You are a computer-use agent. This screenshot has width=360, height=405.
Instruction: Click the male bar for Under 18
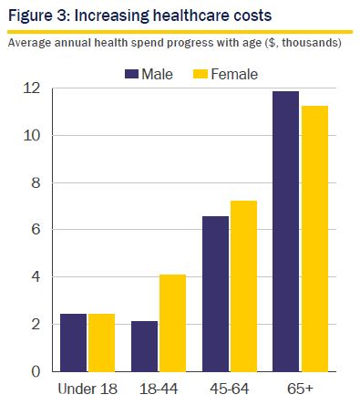[73, 343]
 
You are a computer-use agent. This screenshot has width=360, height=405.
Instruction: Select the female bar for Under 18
[101, 343]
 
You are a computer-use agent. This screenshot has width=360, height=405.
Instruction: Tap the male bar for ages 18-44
[144, 347]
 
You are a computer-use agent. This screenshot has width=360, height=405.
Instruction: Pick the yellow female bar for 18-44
[172, 323]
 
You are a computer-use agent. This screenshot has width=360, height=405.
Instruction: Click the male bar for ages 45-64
[215, 294]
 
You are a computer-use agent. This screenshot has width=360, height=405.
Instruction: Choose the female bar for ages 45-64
[243, 286]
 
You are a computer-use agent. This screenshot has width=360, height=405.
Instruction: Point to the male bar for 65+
[285, 232]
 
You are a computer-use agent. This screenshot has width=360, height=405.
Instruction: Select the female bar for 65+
[314, 239]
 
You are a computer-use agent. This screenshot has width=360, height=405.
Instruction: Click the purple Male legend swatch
[131, 74]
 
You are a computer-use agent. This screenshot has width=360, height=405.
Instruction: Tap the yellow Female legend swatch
[201, 74]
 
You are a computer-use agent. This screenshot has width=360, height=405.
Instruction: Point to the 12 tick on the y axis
[31, 88]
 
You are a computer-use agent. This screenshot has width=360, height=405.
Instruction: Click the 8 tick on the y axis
[36, 182]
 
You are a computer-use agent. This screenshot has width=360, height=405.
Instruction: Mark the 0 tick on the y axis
[36, 371]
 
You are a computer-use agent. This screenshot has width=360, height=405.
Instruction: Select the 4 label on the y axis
[36, 276]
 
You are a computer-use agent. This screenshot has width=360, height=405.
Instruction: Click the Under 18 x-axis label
[87, 389]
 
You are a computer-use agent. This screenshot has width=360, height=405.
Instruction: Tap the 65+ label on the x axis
[300, 389]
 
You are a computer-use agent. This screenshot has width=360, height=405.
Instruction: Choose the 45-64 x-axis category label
[230, 389]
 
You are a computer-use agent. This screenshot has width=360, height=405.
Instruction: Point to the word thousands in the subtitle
[310, 43]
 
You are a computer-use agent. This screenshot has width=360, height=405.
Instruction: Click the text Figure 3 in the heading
[37, 16]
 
